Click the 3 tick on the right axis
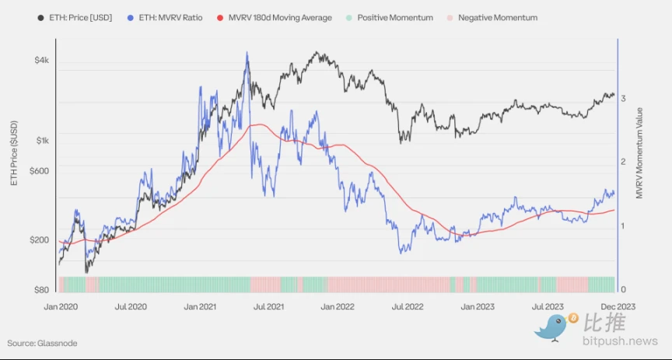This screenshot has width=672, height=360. click(624, 98)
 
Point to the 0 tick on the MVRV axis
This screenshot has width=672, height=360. click(624, 290)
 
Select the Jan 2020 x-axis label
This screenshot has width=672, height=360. click(61, 307)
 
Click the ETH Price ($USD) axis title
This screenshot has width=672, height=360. click(13, 152)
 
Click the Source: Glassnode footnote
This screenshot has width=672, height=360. click(42, 343)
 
